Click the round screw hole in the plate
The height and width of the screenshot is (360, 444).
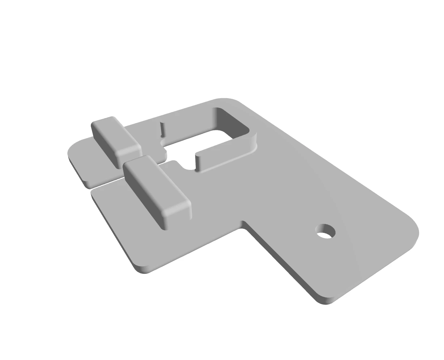[326, 232]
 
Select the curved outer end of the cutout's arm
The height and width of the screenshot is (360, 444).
[255, 143]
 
